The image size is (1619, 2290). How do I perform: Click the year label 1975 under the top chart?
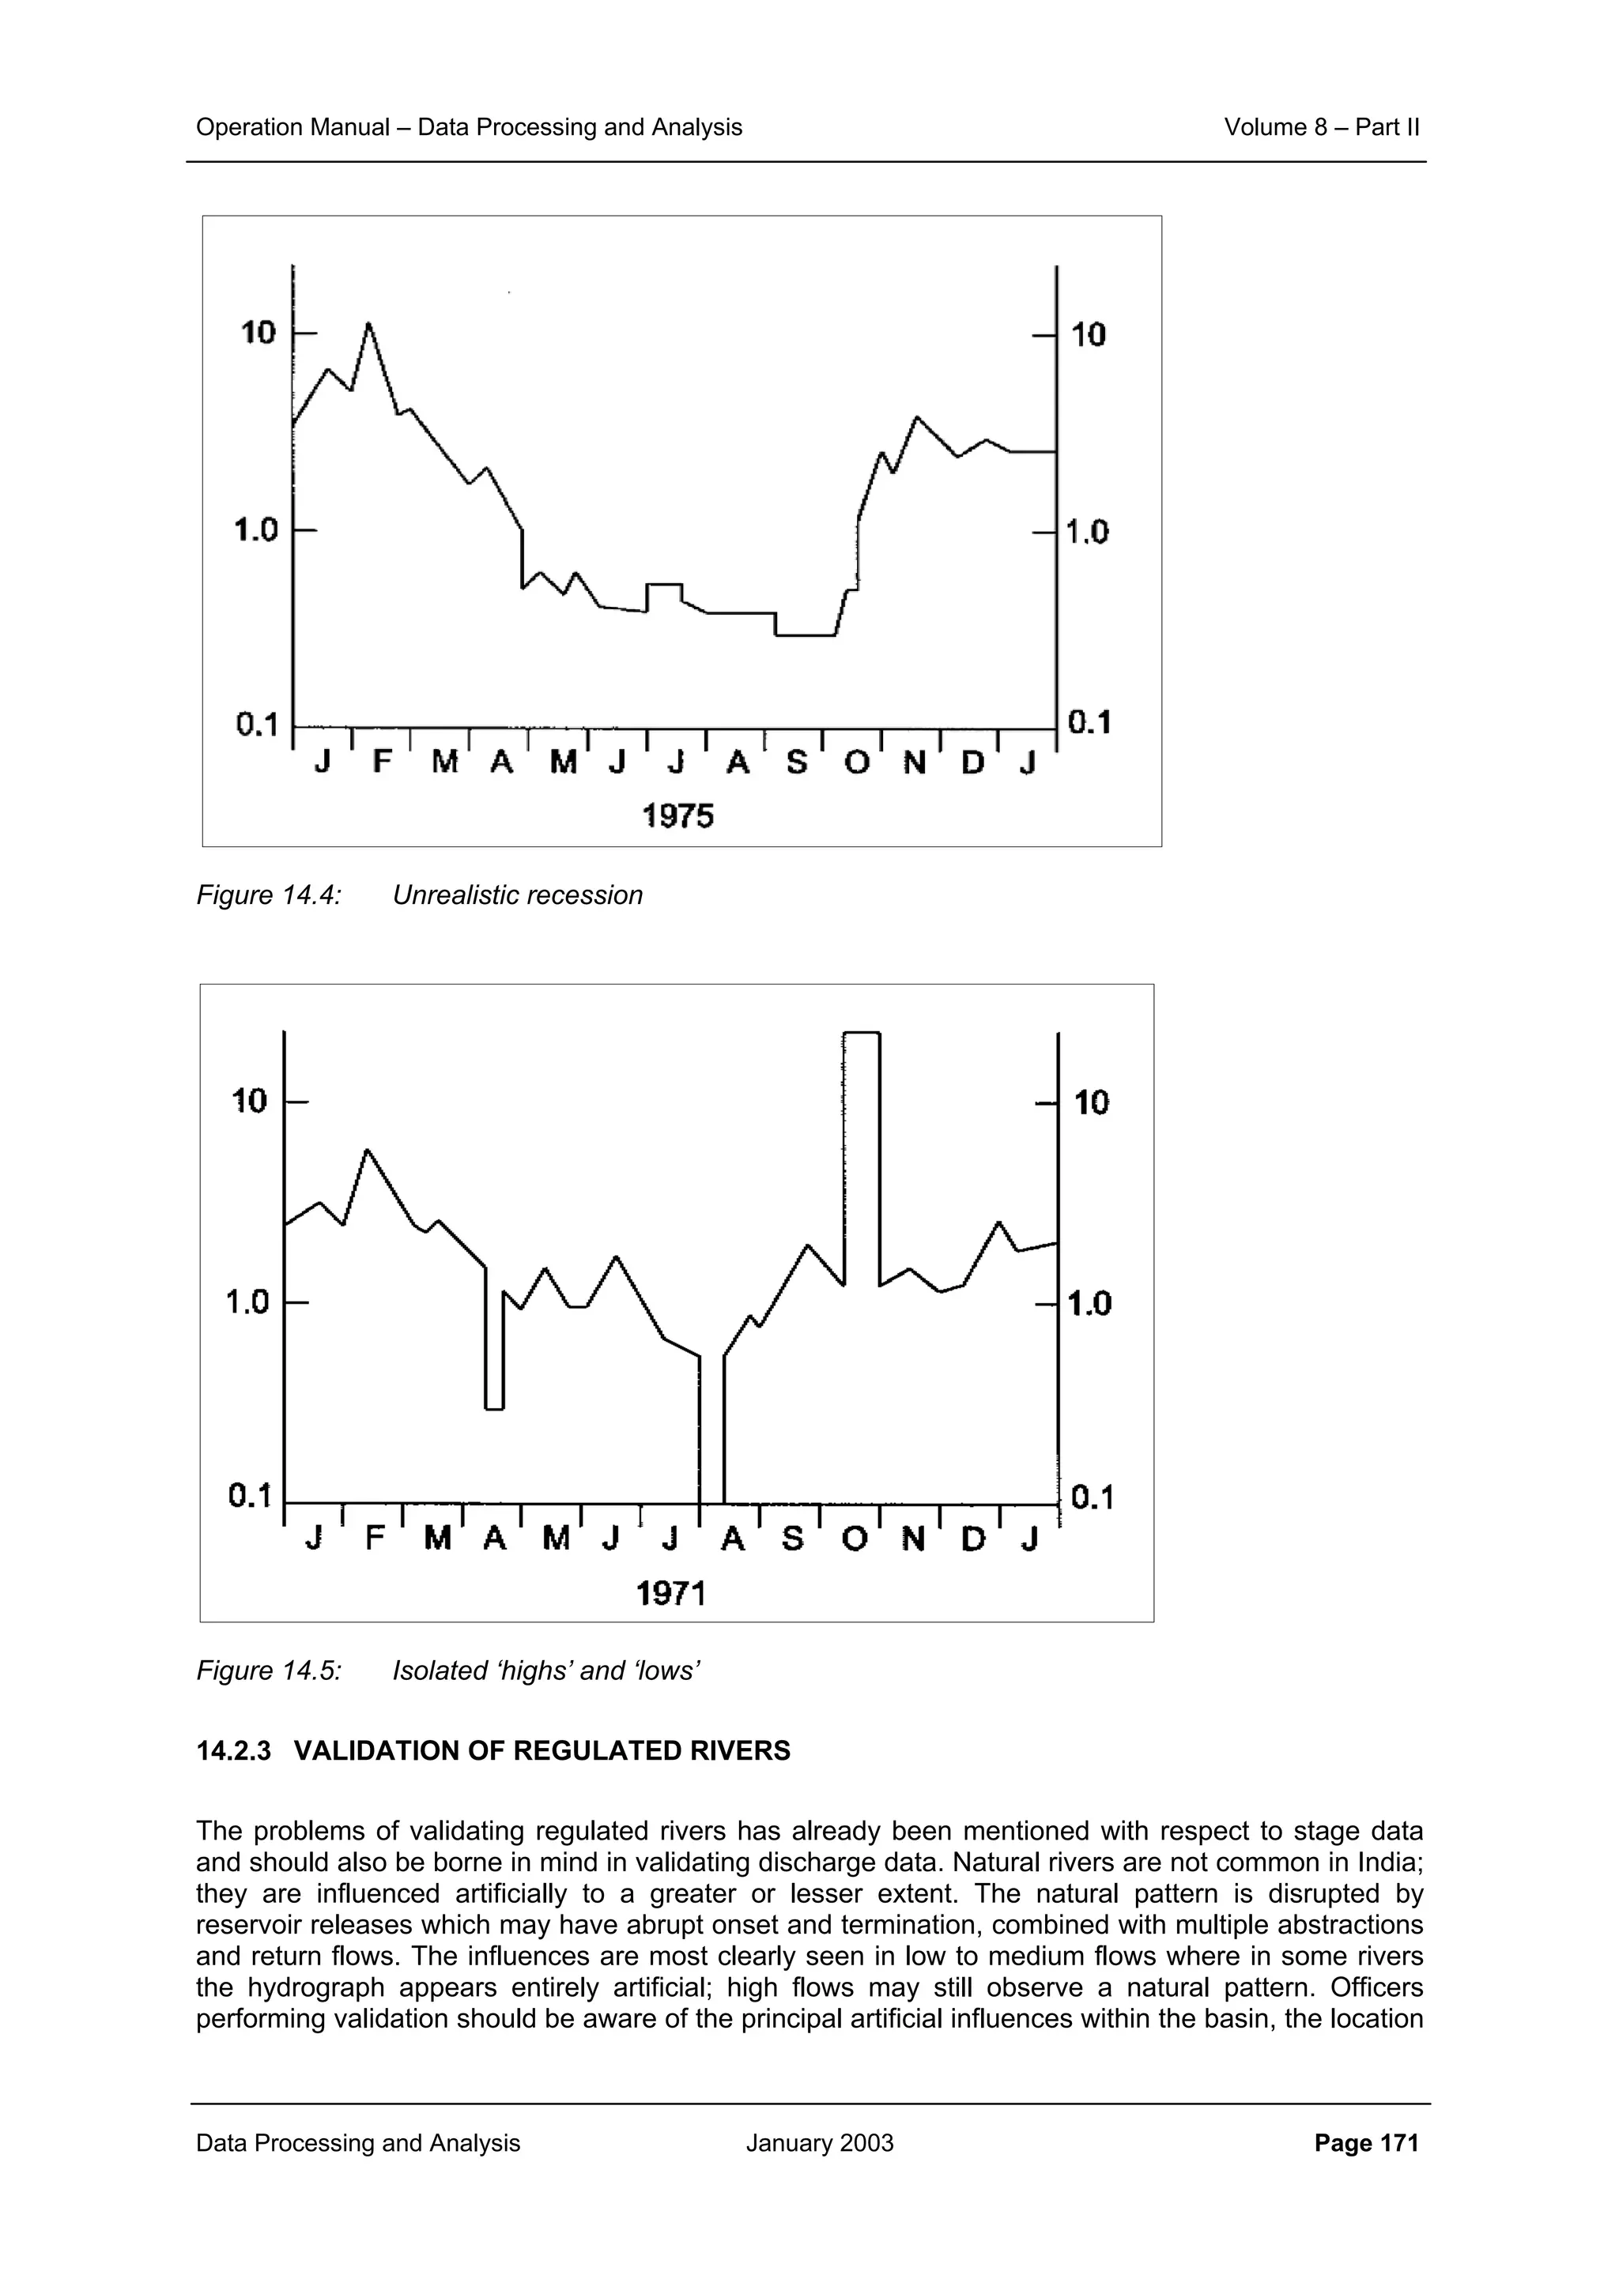pos(677,817)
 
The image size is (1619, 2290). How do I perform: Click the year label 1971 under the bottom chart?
pos(670,1594)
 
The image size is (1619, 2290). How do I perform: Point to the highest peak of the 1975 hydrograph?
pos(368,324)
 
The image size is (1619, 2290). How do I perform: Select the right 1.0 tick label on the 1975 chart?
pos(1086,532)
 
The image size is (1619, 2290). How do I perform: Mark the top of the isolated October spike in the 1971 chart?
pos(861,1034)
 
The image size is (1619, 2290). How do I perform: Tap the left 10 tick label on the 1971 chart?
pos(249,1101)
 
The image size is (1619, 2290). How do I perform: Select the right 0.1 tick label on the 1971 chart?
pos(1091,1498)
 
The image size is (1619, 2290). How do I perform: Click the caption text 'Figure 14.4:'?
pos(268,895)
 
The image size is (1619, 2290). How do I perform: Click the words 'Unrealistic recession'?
pos(517,895)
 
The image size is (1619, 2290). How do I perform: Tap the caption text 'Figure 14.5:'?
pos(268,1670)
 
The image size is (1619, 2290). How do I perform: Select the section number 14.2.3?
pos(233,1751)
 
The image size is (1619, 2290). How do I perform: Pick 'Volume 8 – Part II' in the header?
pos(1321,126)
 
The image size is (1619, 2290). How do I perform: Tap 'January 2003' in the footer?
pos(819,2143)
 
